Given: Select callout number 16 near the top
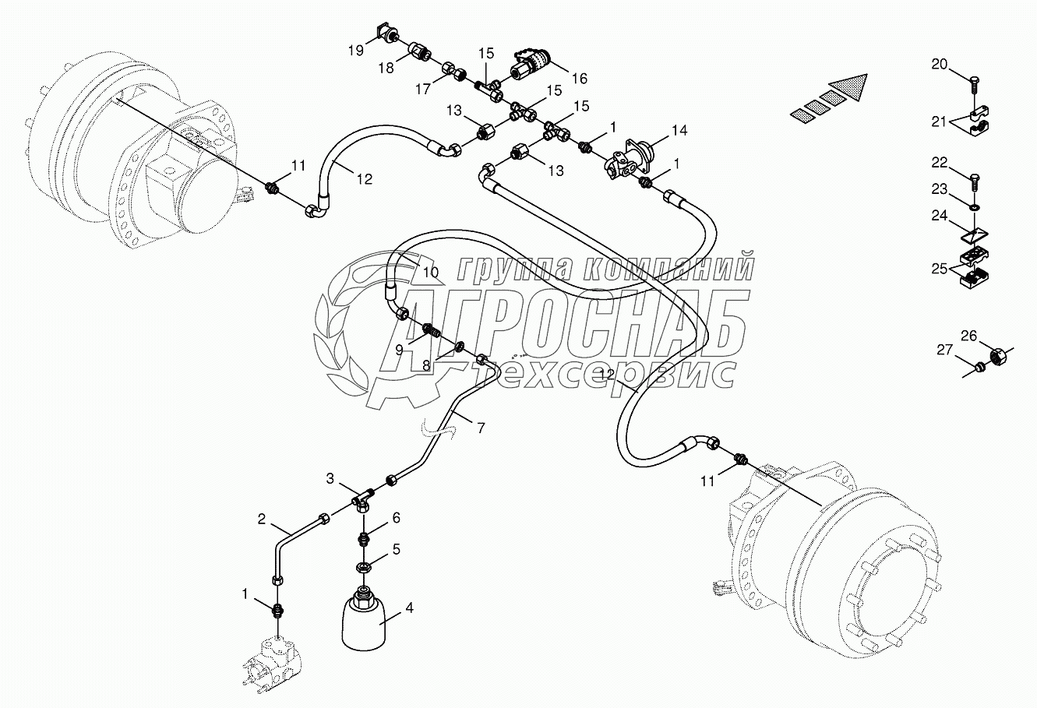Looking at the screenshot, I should coord(579,78).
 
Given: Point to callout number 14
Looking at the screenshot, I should coord(679,130).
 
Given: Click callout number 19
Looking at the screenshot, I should coord(356,51).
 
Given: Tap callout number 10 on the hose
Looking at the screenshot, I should coord(431,273).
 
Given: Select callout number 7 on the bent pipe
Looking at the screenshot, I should coord(481,428).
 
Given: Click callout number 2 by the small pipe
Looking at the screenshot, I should coord(263,518).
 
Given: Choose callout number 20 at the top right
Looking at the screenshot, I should coord(940,64).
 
